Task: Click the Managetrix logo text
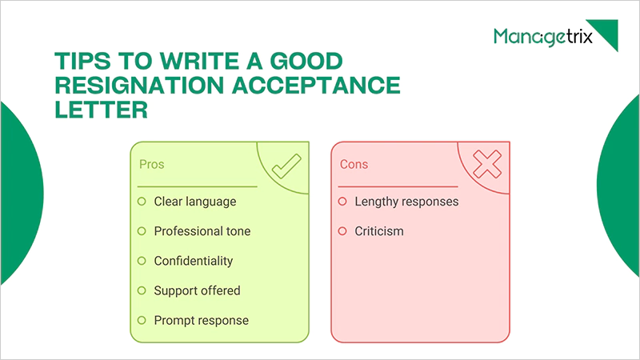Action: (x=542, y=37)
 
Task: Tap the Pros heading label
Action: (x=152, y=164)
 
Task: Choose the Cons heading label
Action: (x=354, y=164)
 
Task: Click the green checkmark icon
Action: (x=284, y=167)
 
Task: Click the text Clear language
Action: (x=195, y=201)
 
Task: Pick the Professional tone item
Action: (x=202, y=231)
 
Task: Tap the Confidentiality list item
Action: (x=194, y=261)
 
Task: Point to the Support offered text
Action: (x=198, y=290)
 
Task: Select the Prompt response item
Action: (x=202, y=320)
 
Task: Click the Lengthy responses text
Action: (x=406, y=201)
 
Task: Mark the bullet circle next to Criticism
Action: (x=342, y=231)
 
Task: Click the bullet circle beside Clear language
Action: (x=142, y=201)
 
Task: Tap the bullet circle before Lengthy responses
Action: (x=342, y=201)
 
